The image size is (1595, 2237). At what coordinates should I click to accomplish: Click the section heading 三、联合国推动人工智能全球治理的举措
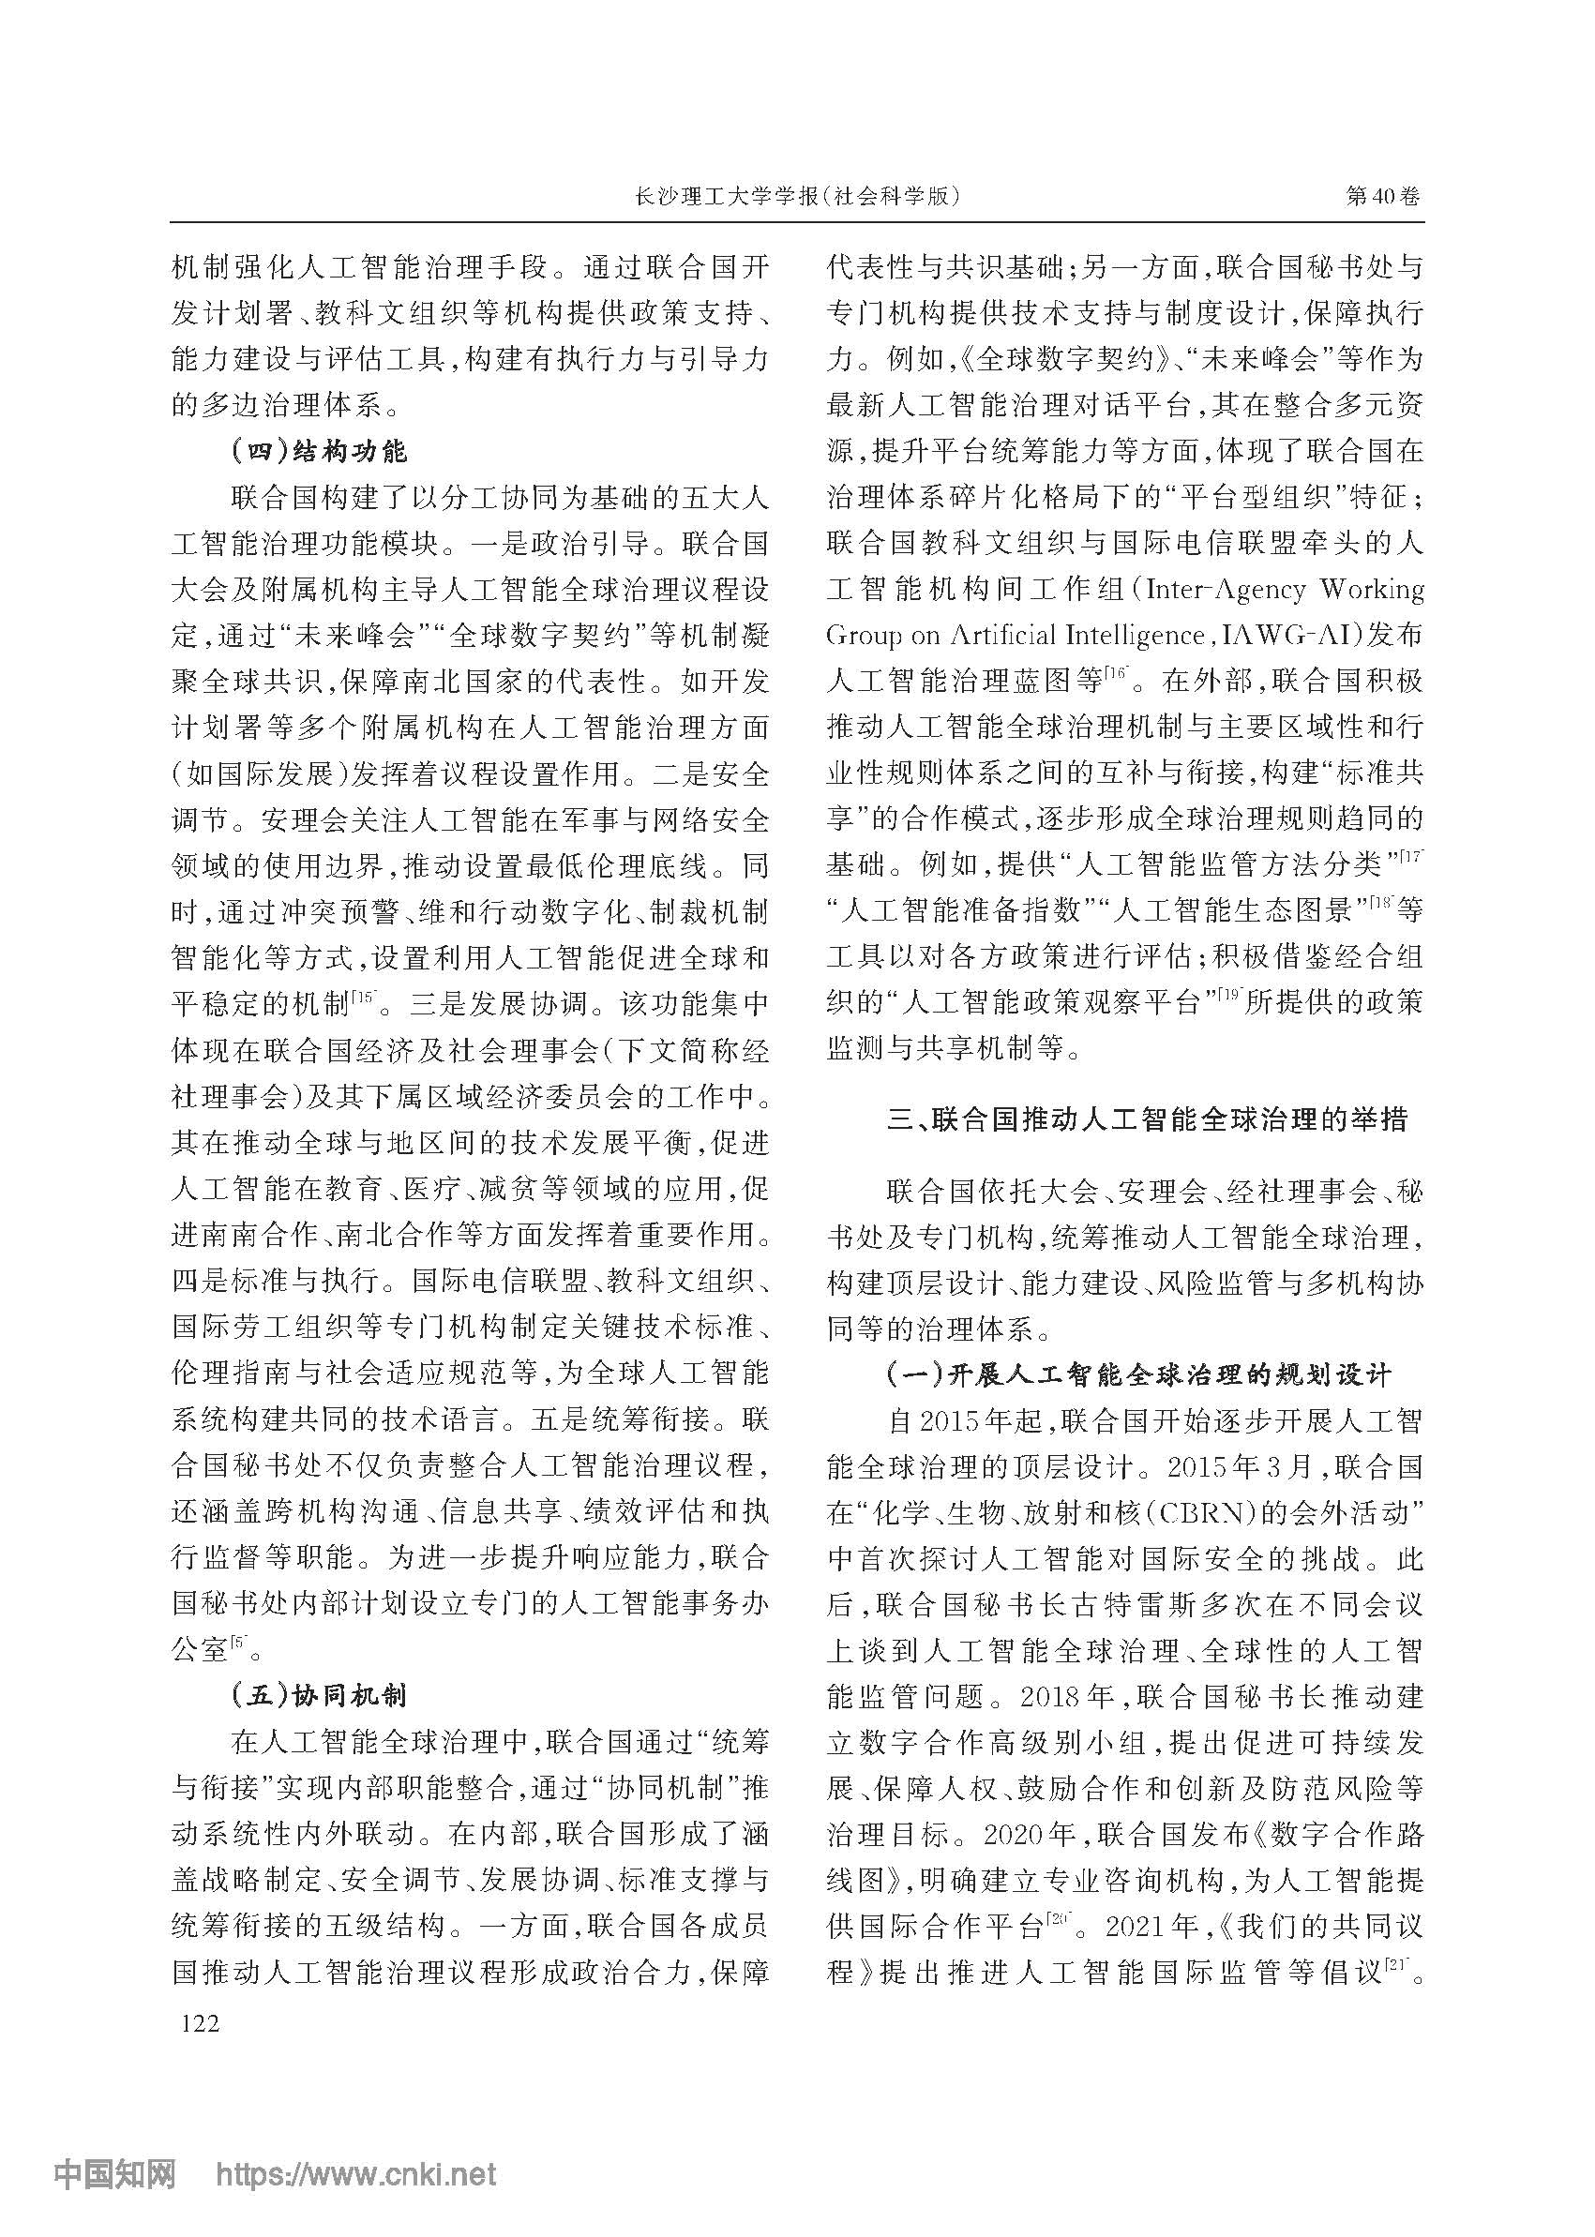1146,1119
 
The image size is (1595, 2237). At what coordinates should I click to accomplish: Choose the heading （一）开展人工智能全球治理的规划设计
1138,1374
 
